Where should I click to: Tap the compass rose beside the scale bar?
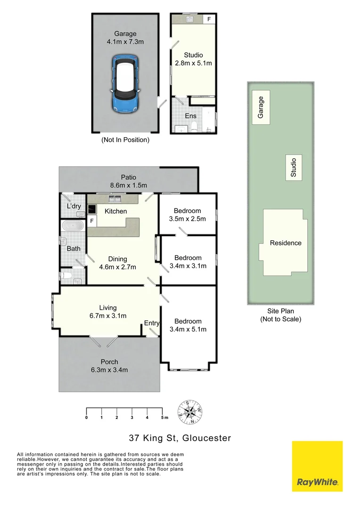(x=190, y=412)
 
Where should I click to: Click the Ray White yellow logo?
(x=317, y=466)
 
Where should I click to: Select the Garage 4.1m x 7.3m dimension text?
(x=125, y=38)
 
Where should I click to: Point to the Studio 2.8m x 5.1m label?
(x=193, y=59)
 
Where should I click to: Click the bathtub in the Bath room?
(x=73, y=226)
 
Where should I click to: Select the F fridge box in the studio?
(x=209, y=19)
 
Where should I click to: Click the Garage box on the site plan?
(x=261, y=107)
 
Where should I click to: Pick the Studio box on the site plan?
(x=294, y=167)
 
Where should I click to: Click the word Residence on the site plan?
(x=286, y=243)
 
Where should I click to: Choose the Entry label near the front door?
(x=152, y=323)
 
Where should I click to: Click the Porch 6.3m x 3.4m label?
(x=109, y=366)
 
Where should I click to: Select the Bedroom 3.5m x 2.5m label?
(x=187, y=215)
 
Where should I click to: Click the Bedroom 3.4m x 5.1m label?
(x=188, y=326)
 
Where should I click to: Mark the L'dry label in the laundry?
(x=73, y=207)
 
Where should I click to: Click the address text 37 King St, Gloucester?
(x=180, y=438)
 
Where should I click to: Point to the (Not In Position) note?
(x=125, y=140)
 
